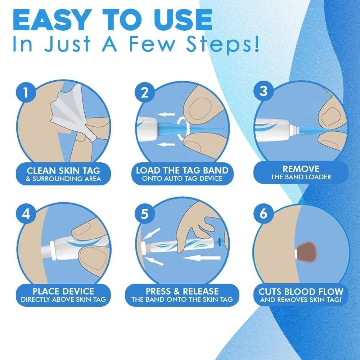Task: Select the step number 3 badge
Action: point(264,91)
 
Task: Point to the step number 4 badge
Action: point(26,214)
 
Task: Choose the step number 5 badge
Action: point(144,214)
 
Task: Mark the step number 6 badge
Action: point(264,214)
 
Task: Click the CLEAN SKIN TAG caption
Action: point(63,170)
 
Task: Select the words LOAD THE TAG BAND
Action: point(182,170)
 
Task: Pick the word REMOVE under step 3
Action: point(301,168)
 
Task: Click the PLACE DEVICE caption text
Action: point(63,291)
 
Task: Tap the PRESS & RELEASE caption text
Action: point(182,291)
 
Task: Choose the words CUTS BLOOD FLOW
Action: point(301,291)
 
